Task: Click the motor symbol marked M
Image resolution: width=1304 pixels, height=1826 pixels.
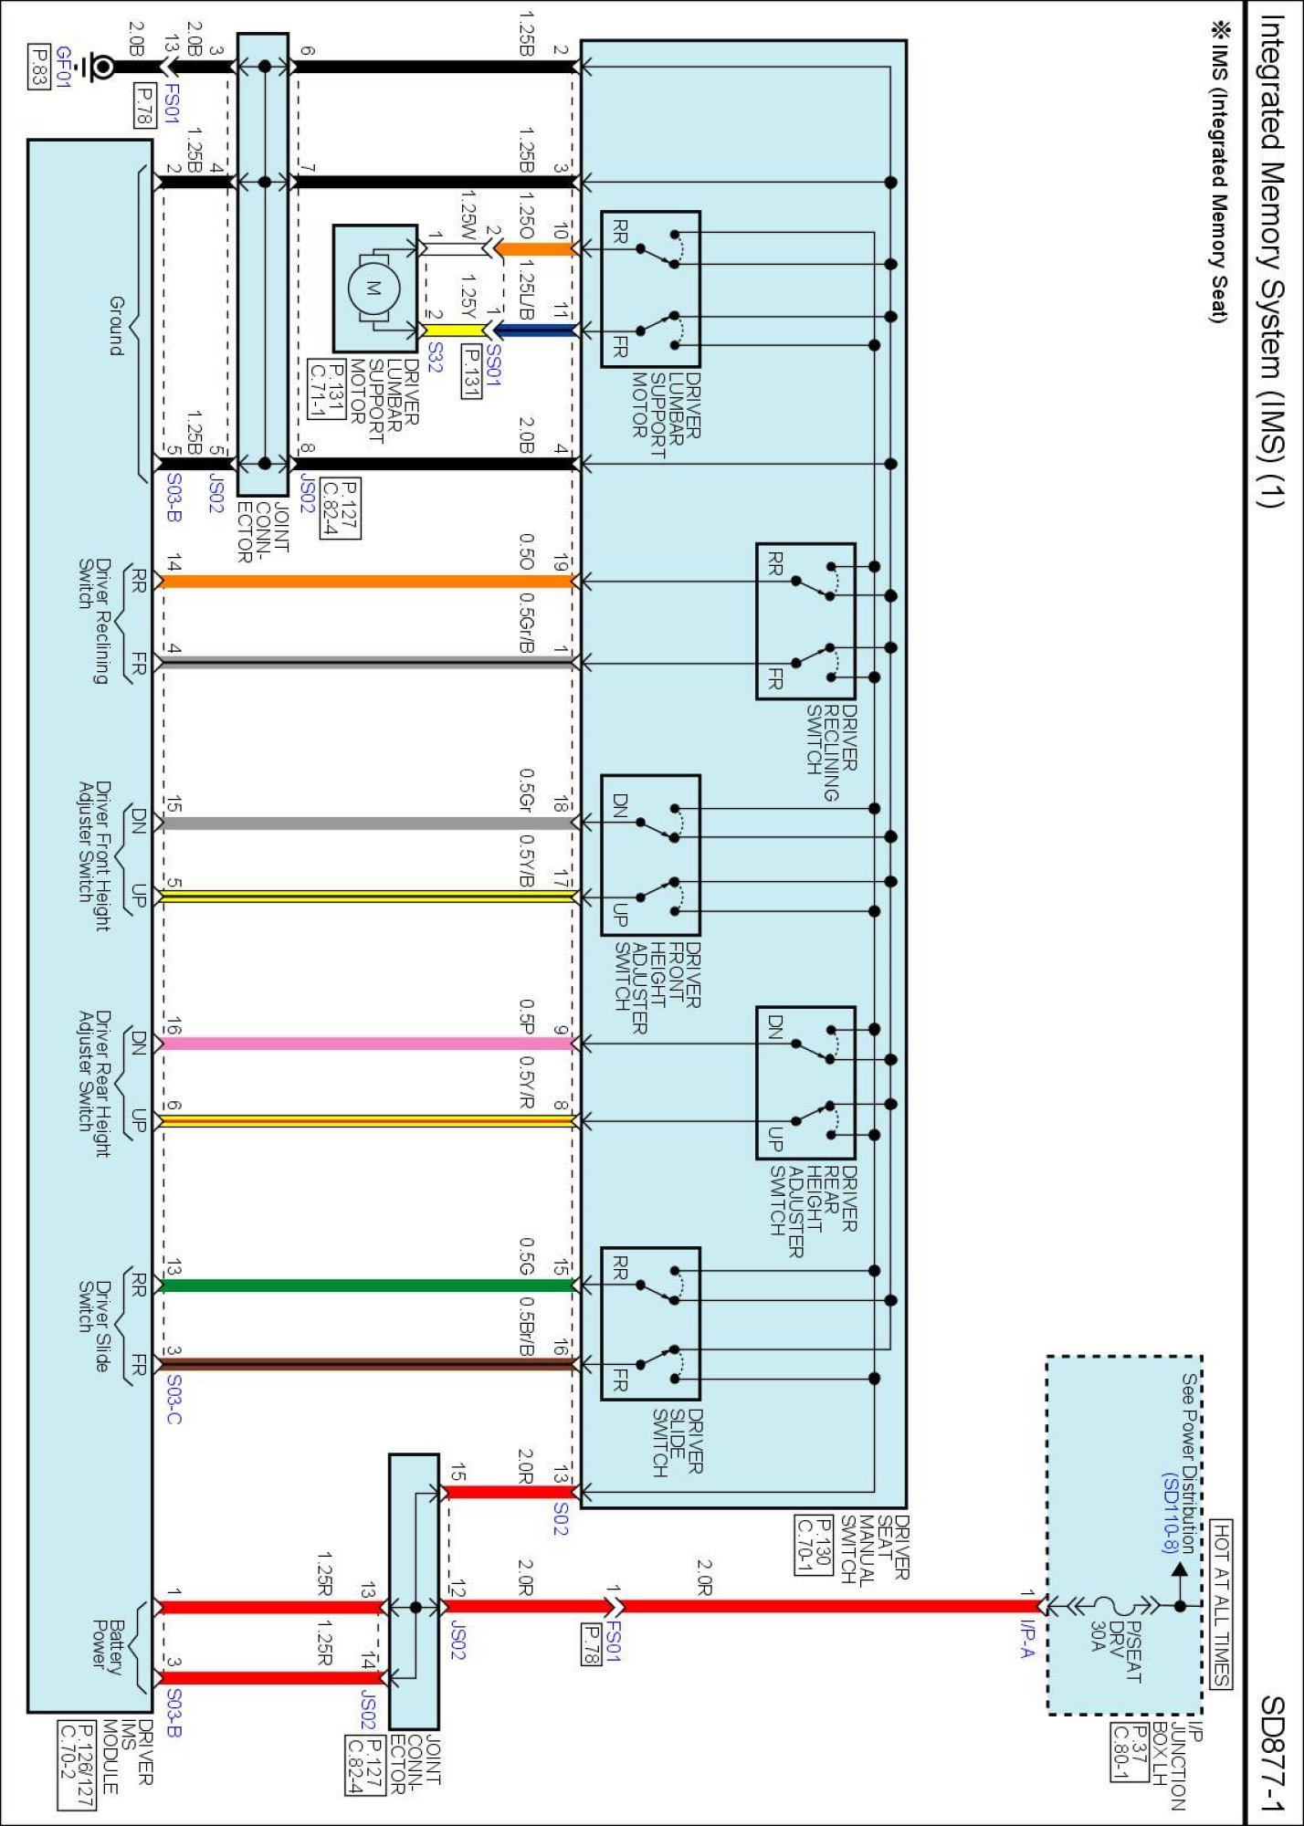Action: [x=373, y=289]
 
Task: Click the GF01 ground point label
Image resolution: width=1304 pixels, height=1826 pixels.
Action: [x=63, y=67]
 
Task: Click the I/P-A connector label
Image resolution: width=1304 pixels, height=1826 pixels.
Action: [x=1027, y=1639]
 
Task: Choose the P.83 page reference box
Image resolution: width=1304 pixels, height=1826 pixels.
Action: [x=39, y=67]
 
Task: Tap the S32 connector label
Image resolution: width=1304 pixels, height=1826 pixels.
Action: [x=435, y=357]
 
